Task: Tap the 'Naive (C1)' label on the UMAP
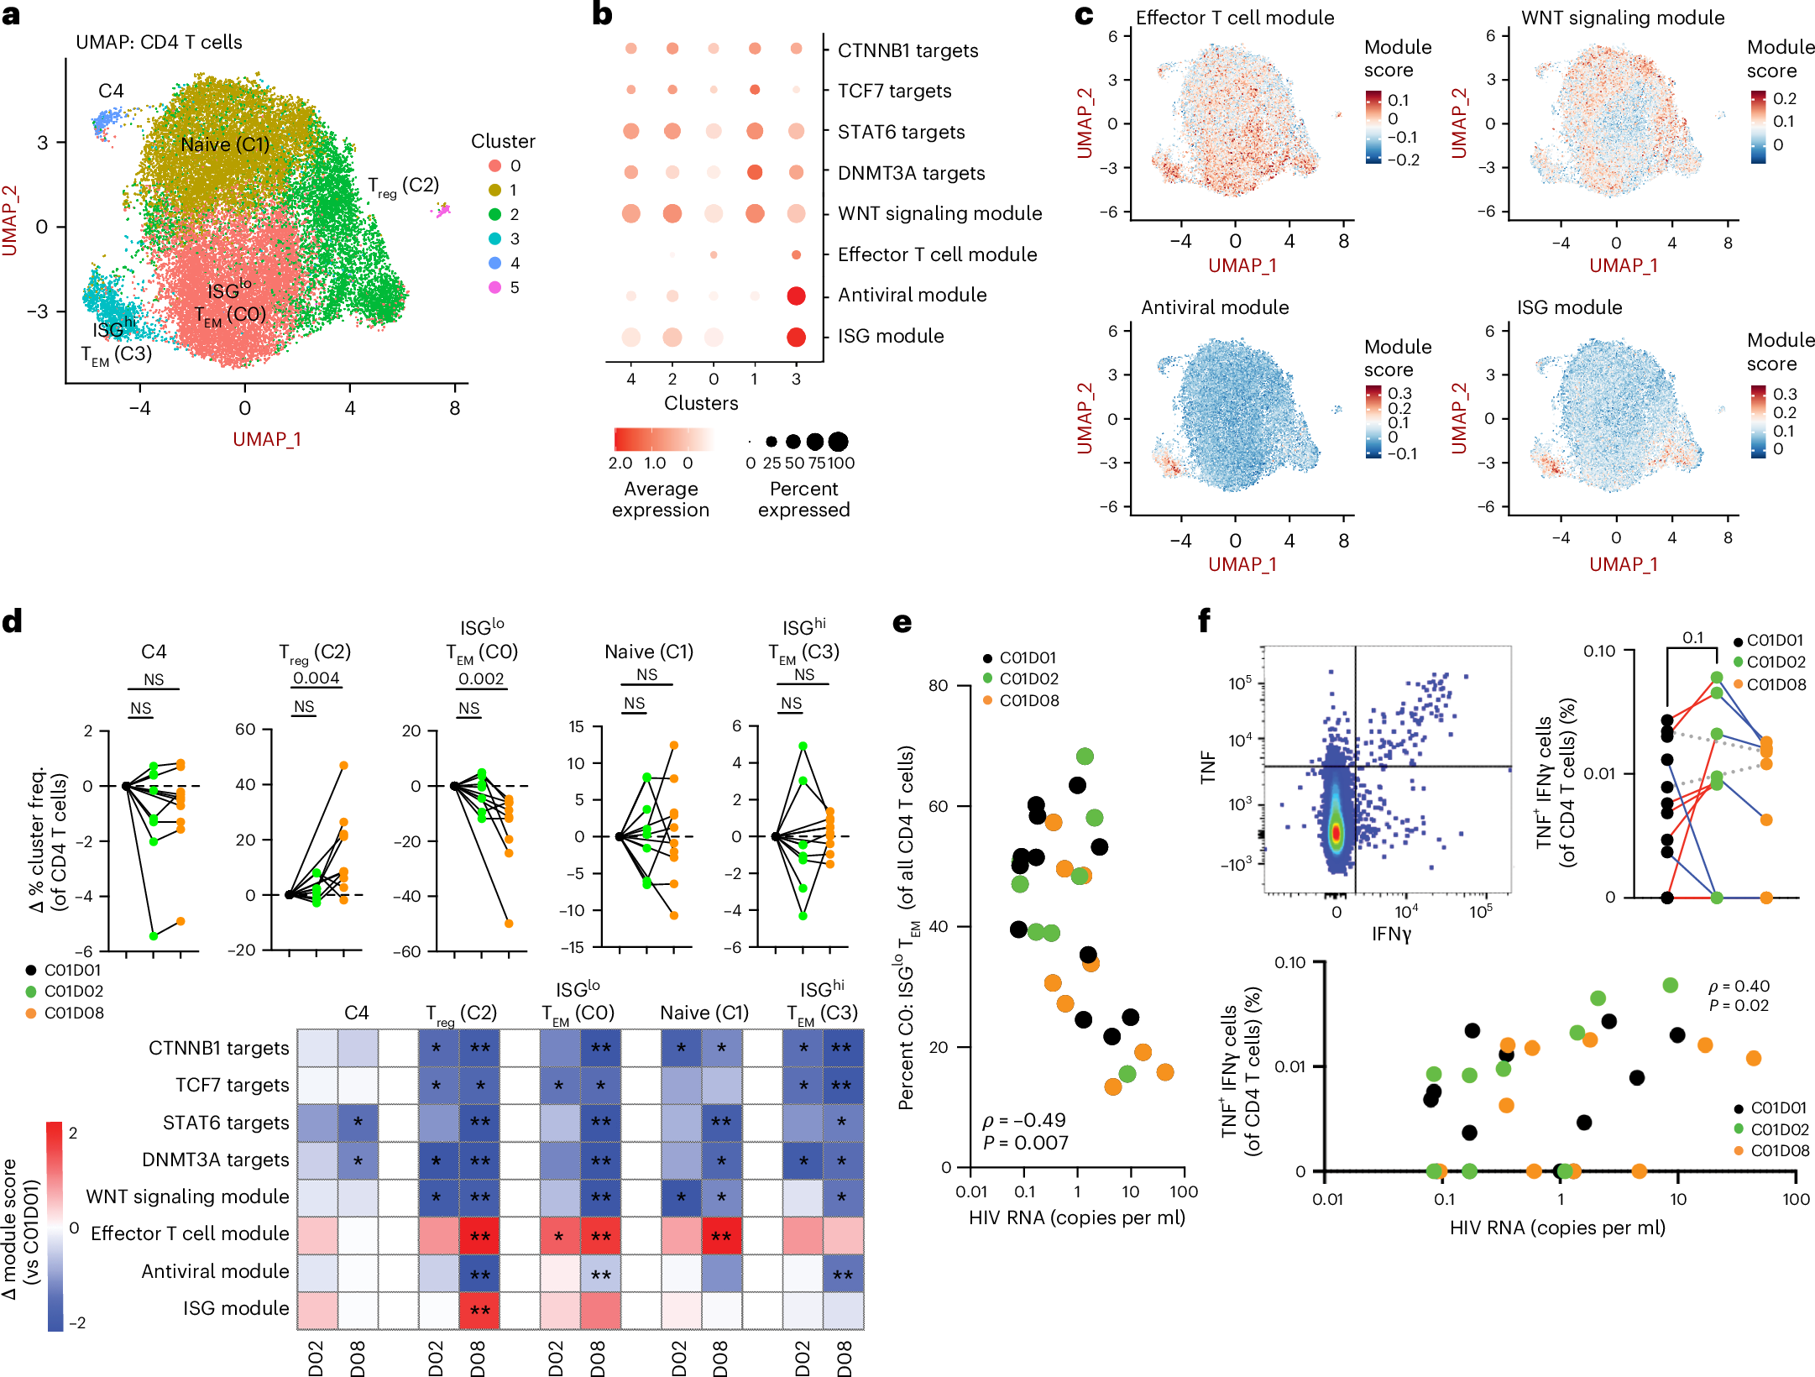[x=225, y=144]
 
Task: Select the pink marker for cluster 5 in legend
[x=495, y=287]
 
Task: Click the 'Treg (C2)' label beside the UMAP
[x=404, y=186]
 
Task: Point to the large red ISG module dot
[x=796, y=337]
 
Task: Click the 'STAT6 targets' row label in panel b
[x=901, y=132]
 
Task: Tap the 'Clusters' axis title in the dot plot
[x=701, y=403]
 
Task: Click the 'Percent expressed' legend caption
[x=803, y=500]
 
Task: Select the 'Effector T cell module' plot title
[x=1234, y=18]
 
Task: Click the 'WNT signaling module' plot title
[x=1622, y=18]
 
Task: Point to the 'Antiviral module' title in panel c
[x=1214, y=307]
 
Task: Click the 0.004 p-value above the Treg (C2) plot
[x=316, y=678]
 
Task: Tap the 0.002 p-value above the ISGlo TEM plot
[x=481, y=678]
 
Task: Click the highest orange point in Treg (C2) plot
[x=343, y=765]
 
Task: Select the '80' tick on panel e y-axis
[x=938, y=685]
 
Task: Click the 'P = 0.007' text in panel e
[x=1025, y=1143]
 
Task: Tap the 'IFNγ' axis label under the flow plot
[x=1391, y=933]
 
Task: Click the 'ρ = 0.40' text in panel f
[x=1739, y=986]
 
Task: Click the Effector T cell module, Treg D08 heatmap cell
[x=479, y=1235]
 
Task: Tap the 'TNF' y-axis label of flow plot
[x=1207, y=767]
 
